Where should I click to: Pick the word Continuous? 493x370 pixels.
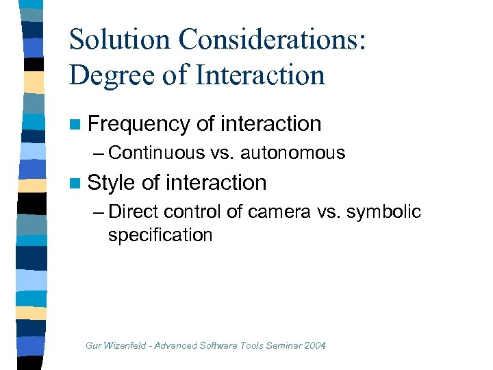tap(154, 152)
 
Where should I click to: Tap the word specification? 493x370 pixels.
tap(160, 235)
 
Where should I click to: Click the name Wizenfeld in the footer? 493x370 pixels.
tap(127, 345)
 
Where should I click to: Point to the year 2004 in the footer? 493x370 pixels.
tap(314, 345)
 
